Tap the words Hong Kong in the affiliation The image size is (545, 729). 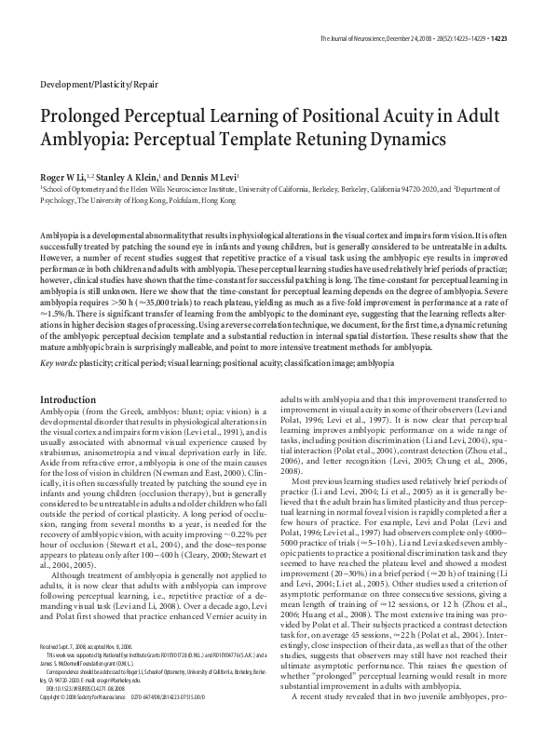(226, 197)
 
